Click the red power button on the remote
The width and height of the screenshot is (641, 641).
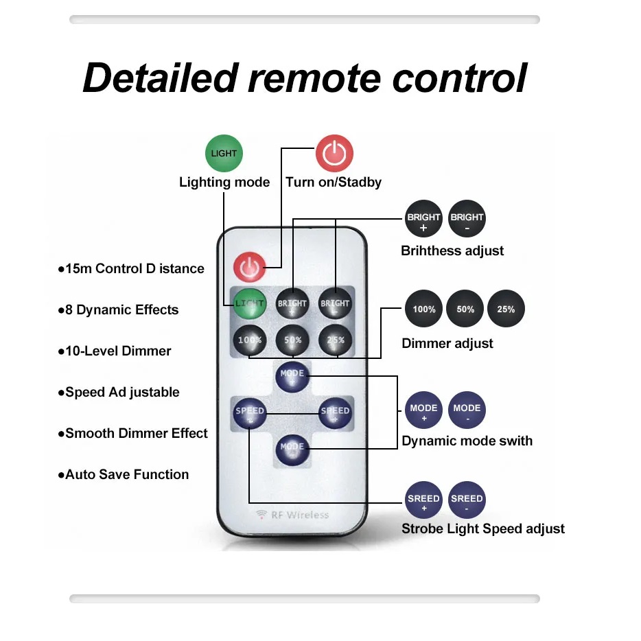coord(249,267)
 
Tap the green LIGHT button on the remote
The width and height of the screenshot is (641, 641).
coord(249,303)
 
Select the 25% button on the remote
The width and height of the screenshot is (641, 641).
coord(335,339)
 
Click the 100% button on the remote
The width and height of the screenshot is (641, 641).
coord(249,339)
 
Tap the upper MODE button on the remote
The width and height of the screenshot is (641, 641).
coord(292,375)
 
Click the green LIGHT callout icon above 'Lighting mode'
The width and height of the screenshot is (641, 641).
coord(224,153)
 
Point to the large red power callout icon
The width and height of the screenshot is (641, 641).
coord(334,152)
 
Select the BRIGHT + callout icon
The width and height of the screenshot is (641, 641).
coord(423,220)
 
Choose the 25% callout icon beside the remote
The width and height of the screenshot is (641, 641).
coord(506,310)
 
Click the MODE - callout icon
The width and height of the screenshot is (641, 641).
coord(467,411)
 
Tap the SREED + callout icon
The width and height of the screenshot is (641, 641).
coord(423,502)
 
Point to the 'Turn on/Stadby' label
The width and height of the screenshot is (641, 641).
coord(334,182)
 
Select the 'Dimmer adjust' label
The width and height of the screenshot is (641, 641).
coord(447,343)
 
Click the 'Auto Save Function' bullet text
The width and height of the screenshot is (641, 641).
coord(126,474)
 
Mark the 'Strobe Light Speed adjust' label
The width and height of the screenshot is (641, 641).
coord(482,528)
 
